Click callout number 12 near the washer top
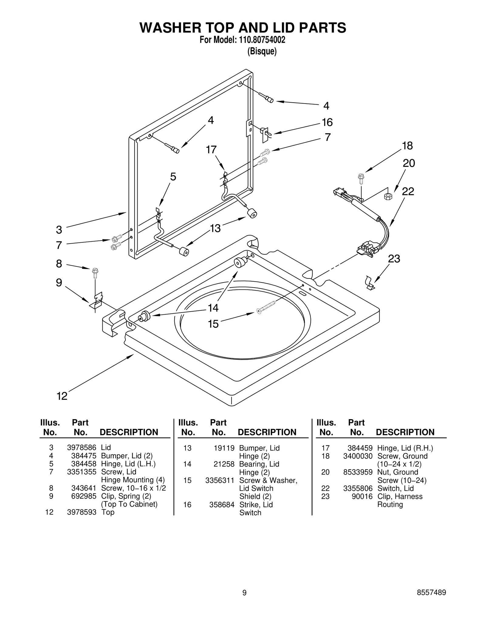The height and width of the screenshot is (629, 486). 62,396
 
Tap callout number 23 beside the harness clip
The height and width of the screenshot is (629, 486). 394,259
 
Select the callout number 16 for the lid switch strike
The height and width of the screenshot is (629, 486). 327,122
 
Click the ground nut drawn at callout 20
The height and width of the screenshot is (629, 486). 388,196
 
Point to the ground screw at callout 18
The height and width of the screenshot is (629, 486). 361,179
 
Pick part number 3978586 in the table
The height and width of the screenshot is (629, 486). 81,447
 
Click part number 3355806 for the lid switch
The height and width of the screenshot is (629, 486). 358,488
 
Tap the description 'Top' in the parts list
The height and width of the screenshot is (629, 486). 108,512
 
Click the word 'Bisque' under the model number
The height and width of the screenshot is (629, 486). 262,51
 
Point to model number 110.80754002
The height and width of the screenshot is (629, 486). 260,40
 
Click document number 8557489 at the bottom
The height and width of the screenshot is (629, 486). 431,593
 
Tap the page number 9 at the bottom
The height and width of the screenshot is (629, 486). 244,593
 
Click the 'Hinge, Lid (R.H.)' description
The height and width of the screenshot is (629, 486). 405,448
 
